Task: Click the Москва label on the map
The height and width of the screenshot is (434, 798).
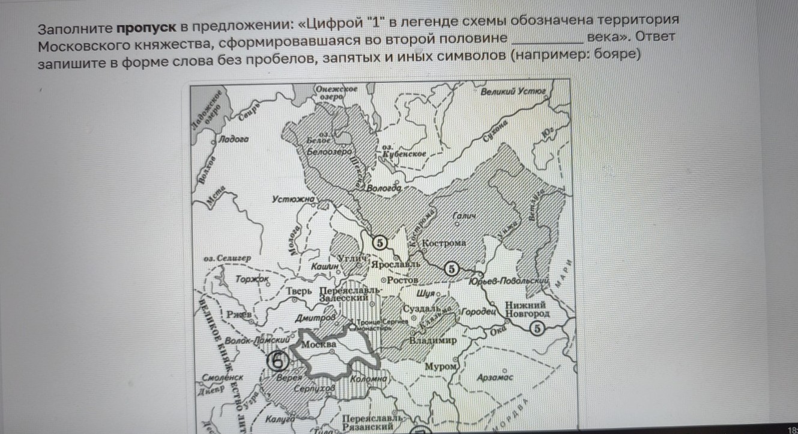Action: [319, 344]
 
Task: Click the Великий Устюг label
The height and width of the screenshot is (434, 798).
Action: [513, 91]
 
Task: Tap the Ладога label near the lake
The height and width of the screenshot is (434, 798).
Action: [234, 139]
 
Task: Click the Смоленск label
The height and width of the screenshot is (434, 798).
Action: [223, 378]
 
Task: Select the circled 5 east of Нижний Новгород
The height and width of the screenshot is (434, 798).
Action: [537, 328]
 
